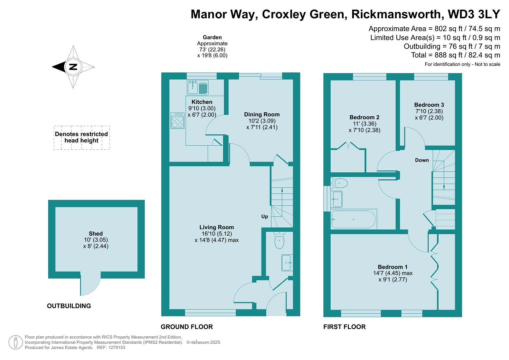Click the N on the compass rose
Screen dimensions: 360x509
point(73,67)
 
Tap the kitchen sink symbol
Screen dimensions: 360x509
point(197,87)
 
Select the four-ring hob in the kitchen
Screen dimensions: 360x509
point(177,121)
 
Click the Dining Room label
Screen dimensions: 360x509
point(262,114)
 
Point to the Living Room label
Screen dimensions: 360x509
point(217,227)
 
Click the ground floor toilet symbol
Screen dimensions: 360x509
point(279,240)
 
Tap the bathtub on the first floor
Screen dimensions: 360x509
point(353,219)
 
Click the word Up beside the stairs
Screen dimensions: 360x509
point(264,216)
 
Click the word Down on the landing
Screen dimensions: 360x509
point(422,160)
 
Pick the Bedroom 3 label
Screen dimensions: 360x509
point(429,105)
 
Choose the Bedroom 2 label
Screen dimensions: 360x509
point(364,117)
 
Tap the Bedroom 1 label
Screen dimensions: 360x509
point(392,267)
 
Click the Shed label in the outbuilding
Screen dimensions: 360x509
point(96,234)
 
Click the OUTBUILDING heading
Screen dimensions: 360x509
point(69,306)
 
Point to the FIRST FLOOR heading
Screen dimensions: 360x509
point(344,327)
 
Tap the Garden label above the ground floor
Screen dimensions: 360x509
point(212,37)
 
